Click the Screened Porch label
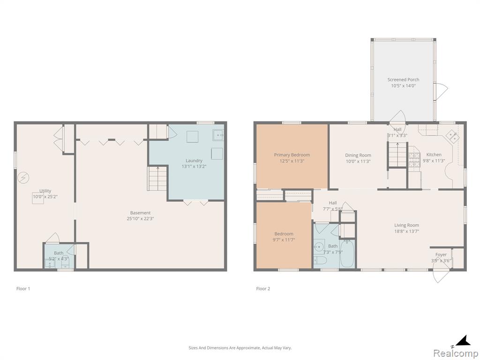point(403,80)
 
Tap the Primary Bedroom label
point(292,155)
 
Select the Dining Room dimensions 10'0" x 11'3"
point(358,161)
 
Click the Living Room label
point(406,225)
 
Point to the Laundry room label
point(194,161)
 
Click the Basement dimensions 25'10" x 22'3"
point(140,218)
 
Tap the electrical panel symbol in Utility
point(23,178)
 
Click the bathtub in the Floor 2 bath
point(347,254)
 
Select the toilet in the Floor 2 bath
point(320,261)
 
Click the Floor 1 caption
point(23,288)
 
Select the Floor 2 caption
point(263,288)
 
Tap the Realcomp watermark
point(456,353)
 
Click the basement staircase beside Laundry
point(157,178)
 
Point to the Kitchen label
point(434,155)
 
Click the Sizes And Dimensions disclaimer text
point(240,348)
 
